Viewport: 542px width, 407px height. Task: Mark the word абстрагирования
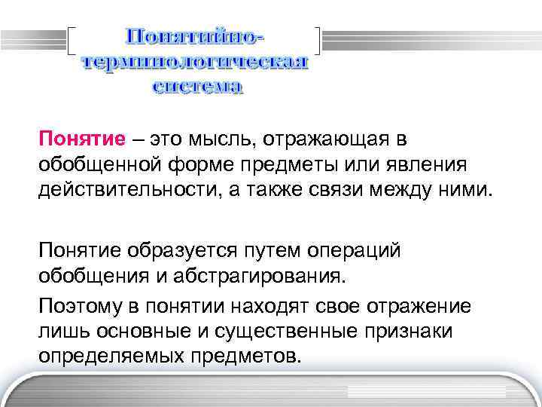click(264, 273)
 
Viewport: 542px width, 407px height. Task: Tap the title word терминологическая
click(194, 63)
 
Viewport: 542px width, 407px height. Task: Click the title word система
click(198, 87)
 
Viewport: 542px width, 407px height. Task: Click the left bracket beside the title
click(72, 42)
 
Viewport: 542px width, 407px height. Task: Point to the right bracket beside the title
click(317, 42)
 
